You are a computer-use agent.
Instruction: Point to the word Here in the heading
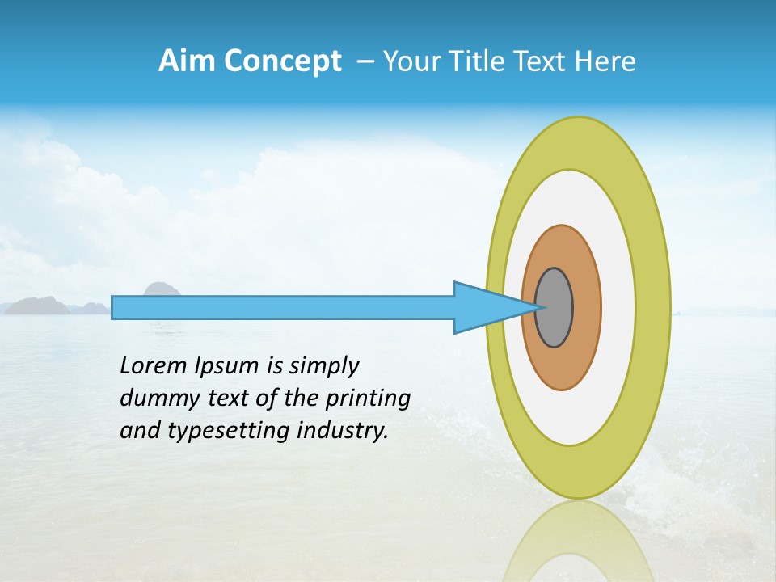tap(605, 61)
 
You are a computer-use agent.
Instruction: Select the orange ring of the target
tap(586, 308)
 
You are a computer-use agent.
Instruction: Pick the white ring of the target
tap(618, 308)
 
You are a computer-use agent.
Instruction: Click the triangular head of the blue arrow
tap(485, 308)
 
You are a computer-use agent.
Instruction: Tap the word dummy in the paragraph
tap(151, 399)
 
